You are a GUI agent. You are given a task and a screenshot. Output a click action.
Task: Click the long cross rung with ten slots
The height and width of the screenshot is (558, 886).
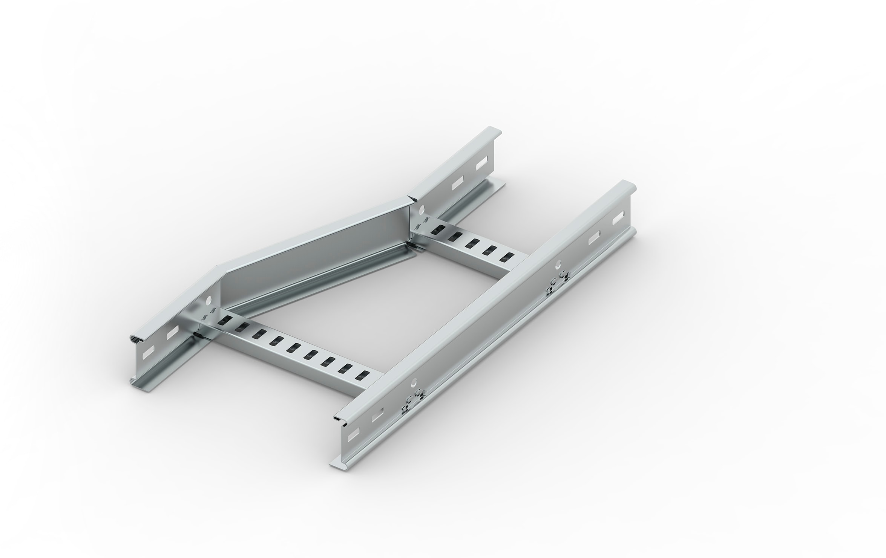pyautogui.click(x=290, y=352)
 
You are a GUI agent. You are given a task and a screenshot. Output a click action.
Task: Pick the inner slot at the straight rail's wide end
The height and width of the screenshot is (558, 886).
pyautogui.click(x=377, y=417)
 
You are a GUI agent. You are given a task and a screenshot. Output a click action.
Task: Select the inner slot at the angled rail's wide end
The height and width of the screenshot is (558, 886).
pyautogui.click(x=172, y=332)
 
